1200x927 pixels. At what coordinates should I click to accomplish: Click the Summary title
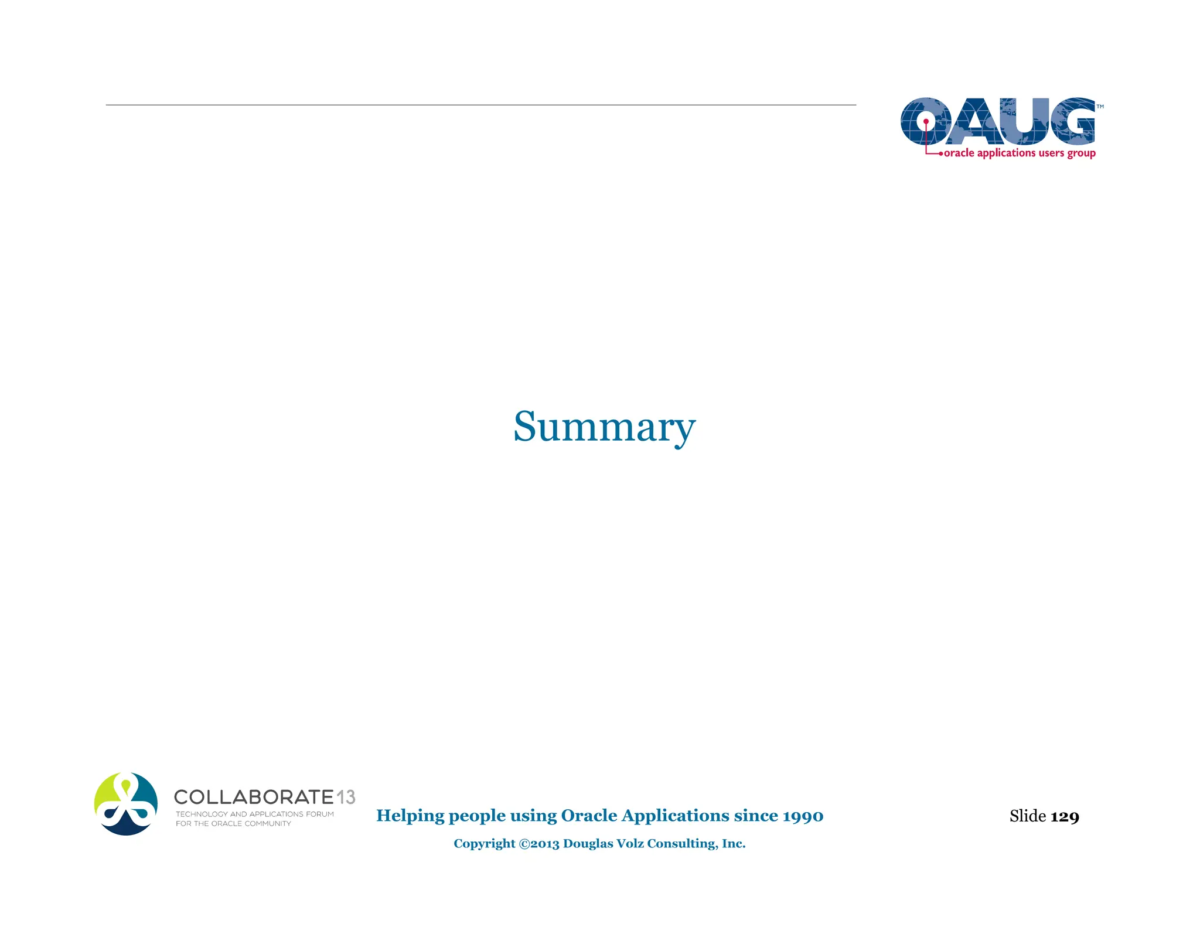pyautogui.click(x=604, y=427)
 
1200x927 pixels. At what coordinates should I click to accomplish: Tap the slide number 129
pyautogui.click(x=1065, y=816)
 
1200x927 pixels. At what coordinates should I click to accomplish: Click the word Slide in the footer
pyautogui.click(x=1027, y=816)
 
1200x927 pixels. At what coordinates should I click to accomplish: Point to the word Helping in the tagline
pyautogui.click(x=410, y=816)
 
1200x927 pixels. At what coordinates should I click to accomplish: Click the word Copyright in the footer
pyautogui.click(x=484, y=844)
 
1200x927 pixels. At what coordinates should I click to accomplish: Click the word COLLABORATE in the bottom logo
pyautogui.click(x=254, y=797)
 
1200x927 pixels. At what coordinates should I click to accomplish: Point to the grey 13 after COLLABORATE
pyautogui.click(x=346, y=797)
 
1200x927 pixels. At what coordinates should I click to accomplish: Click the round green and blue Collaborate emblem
pyautogui.click(x=126, y=804)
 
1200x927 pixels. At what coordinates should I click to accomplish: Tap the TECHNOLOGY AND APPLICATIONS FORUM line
pyautogui.click(x=254, y=814)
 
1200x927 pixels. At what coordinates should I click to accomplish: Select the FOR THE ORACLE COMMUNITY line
pyautogui.click(x=233, y=823)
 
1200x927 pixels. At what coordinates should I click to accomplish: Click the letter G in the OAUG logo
pyautogui.click(x=1072, y=121)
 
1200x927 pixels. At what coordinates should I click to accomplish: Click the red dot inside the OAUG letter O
pyautogui.click(x=926, y=122)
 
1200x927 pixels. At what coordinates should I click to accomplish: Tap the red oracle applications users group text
pyautogui.click(x=1020, y=153)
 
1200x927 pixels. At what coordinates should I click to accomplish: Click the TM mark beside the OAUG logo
pyautogui.click(x=1100, y=107)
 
